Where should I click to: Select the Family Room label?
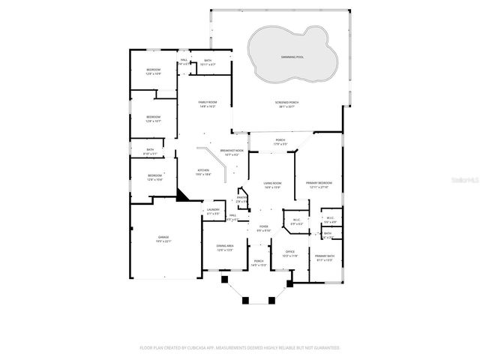coord(207,103)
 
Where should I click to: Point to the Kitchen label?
coord(202,172)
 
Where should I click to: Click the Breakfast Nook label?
coord(231,152)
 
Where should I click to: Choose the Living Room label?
coord(271,184)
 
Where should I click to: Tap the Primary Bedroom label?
coord(319,184)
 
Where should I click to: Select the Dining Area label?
coord(225,247)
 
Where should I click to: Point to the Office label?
coord(289,253)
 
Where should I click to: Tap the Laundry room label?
coord(213,211)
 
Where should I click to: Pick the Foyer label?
coord(263,228)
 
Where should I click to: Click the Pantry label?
coord(242,199)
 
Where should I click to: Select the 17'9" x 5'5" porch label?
coord(280,142)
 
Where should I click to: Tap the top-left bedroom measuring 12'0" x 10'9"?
coord(153,71)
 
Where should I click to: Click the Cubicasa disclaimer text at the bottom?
coord(240,348)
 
